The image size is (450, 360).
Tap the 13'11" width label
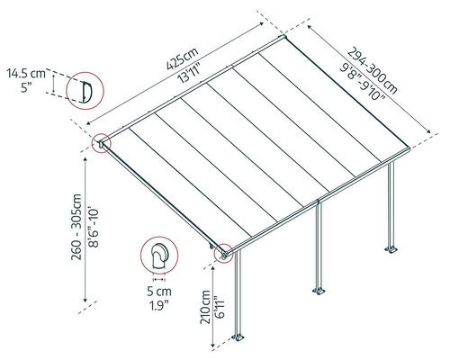(x=189, y=74)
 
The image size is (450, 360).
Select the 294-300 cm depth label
(x=373, y=71)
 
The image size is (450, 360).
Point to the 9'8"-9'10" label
(x=363, y=82)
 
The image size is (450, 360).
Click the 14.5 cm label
(x=26, y=74)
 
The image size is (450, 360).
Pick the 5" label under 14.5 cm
(x=26, y=88)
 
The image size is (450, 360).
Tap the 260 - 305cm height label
(x=76, y=227)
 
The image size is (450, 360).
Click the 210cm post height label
(x=205, y=307)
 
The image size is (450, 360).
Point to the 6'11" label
(x=220, y=307)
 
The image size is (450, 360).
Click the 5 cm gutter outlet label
(x=159, y=292)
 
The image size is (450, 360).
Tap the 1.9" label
(x=159, y=306)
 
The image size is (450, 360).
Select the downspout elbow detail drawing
(x=160, y=256)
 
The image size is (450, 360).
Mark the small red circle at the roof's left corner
(x=102, y=143)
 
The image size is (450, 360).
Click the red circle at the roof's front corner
(x=224, y=254)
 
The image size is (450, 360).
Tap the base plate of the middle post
(x=319, y=291)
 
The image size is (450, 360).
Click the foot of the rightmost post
(x=391, y=249)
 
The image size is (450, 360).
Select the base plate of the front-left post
(x=238, y=337)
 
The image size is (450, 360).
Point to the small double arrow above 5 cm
(x=159, y=280)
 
